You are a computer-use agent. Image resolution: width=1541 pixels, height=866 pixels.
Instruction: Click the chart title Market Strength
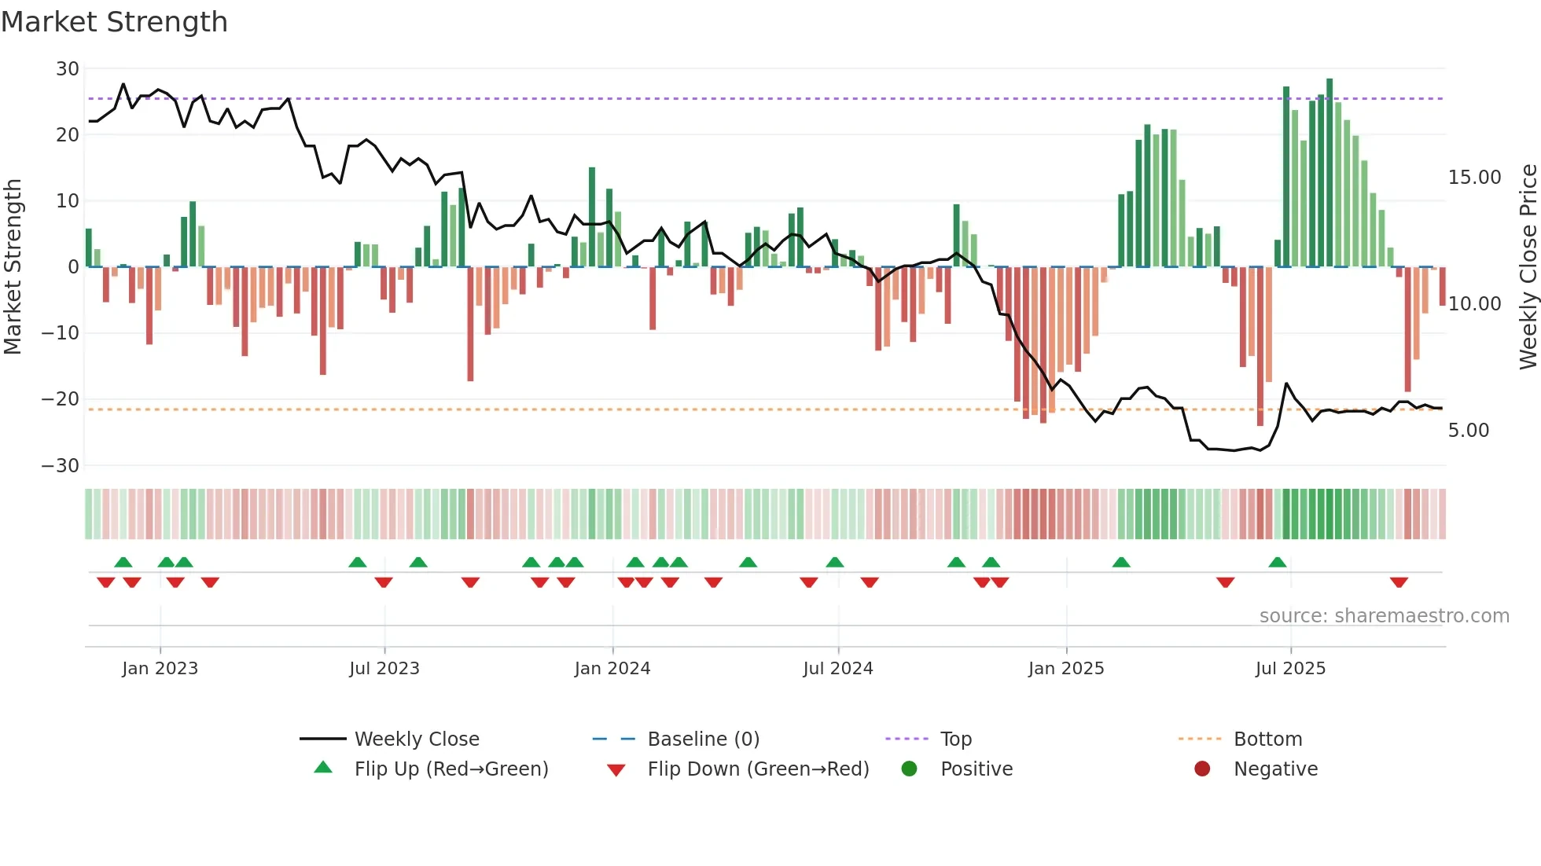tap(114, 22)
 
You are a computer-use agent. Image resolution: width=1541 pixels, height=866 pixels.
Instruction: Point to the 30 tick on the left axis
tap(68, 69)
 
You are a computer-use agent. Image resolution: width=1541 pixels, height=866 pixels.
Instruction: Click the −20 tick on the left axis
tap(61, 399)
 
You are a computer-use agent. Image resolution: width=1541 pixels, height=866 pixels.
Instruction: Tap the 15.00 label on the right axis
tap(1474, 178)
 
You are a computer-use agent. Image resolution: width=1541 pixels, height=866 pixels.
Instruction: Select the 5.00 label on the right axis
tap(1468, 431)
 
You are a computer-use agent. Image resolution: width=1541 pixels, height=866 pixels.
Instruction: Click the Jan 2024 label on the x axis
tap(612, 669)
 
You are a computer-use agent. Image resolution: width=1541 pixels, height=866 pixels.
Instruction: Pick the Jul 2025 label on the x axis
tap(1289, 669)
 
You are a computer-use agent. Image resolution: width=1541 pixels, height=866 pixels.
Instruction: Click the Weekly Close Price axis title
tap(1527, 267)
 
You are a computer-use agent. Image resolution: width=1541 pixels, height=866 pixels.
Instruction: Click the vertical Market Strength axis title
tap(13, 267)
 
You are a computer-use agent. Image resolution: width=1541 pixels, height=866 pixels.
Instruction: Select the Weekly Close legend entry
tap(416, 739)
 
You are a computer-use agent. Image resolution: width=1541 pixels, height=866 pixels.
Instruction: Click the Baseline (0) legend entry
tap(703, 739)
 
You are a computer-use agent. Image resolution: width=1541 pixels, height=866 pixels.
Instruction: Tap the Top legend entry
tap(955, 739)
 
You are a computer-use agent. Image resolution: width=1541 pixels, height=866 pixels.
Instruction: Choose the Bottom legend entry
tap(1267, 739)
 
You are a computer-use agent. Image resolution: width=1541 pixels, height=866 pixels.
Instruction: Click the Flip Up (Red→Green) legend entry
tap(451, 769)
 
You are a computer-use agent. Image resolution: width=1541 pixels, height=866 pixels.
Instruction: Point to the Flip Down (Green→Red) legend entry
tap(757, 769)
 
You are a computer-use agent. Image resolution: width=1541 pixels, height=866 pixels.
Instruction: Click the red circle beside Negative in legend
tap(1201, 769)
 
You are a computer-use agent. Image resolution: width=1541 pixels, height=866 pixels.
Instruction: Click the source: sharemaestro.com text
tap(1384, 616)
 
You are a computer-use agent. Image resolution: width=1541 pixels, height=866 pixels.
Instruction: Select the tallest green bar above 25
tap(1330, 173)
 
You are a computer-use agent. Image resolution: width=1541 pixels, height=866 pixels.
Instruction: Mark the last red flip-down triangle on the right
tap(1398, 582)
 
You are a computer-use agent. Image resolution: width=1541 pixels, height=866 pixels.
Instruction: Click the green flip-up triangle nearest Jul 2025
tap(1277, 562)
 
